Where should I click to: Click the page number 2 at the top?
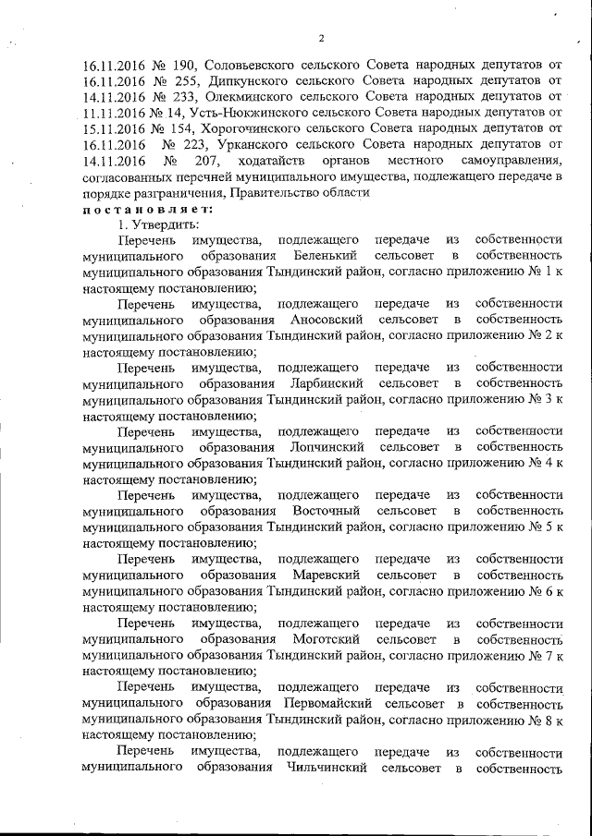click(x=321, y=39)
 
